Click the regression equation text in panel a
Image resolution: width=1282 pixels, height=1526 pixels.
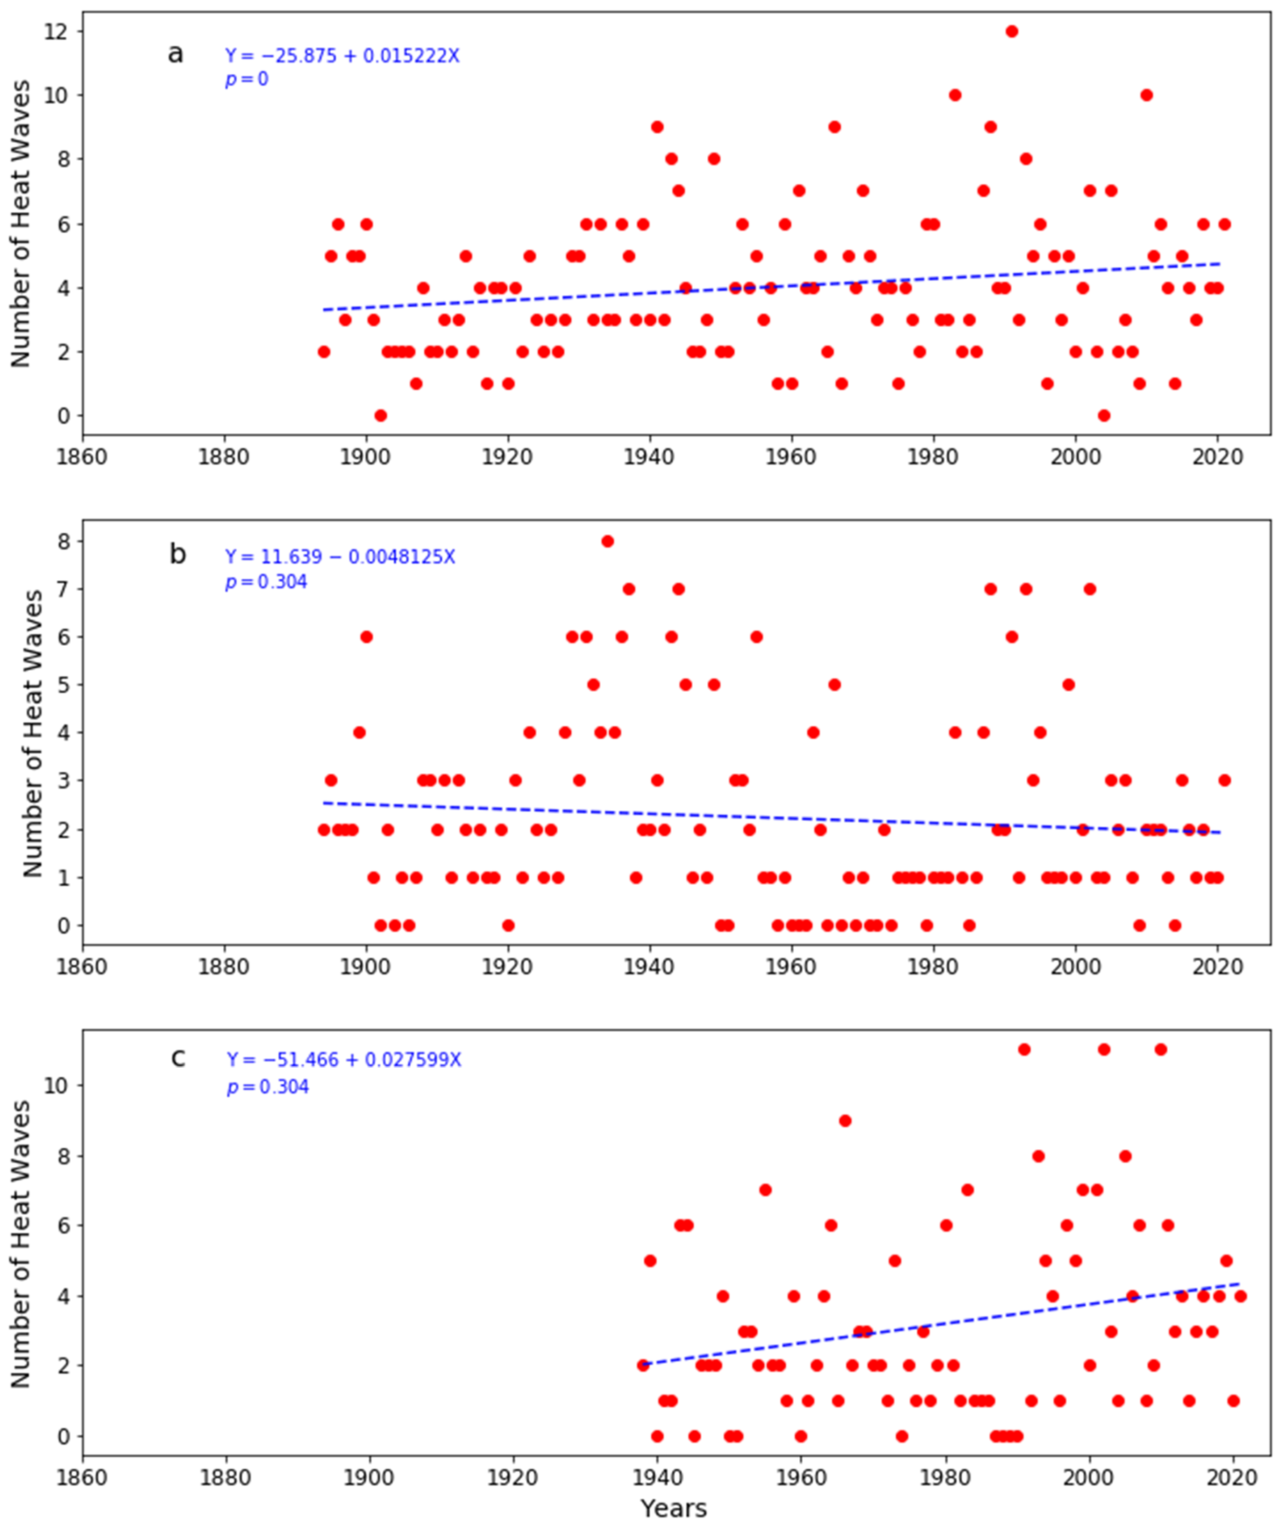click(x=342, y=56)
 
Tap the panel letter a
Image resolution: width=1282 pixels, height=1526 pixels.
click(x=175, y=54)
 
